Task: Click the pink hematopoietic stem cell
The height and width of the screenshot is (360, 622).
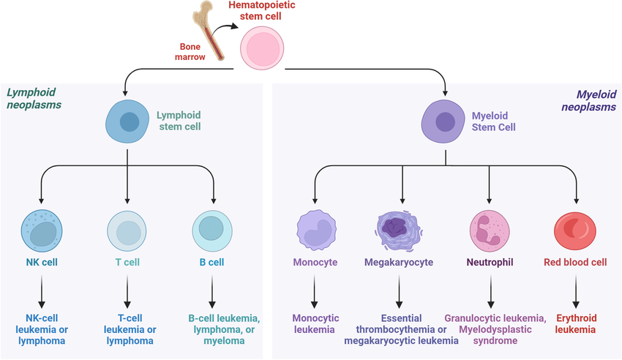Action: (x=262, y=50)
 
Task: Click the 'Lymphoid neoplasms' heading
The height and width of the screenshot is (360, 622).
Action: (x=34, y=99)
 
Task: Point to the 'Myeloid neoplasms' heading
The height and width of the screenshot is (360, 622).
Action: (x=588, y=100)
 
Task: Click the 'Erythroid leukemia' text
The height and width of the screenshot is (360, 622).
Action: (x=576, y=324)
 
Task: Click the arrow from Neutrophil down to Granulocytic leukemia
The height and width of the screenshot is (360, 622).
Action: (x=490, y=292)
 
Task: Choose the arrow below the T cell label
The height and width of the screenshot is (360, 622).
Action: (x=128, y=292)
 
